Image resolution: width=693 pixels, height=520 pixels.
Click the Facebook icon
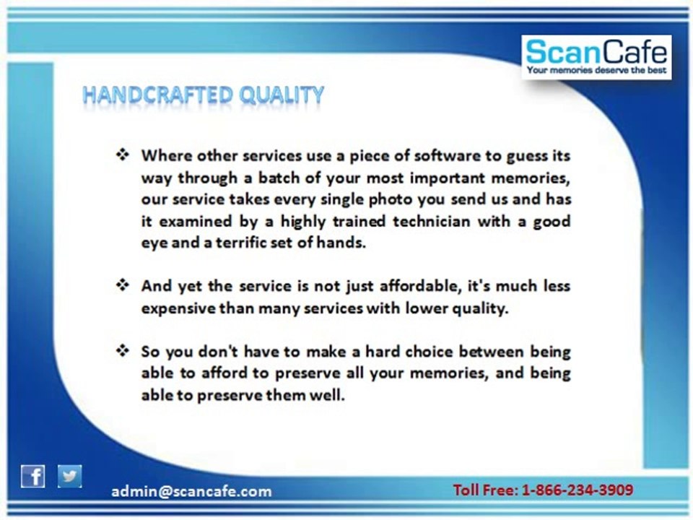(x=32, y=477)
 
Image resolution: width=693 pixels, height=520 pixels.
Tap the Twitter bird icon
(x=69, y=476)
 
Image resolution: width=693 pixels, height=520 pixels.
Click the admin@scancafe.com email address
(x=191, y=491)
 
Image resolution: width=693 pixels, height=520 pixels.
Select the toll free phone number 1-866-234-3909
(x=577, y=490)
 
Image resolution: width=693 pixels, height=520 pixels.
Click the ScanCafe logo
(x=596, y=58)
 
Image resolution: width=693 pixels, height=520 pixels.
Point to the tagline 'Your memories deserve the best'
(x=596, y=70)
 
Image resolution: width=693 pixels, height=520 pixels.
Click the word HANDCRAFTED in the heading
(x=157, y=95)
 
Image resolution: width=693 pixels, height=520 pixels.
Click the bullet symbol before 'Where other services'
(x=123, y=155)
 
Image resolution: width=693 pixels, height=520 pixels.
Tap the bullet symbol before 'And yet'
(x=123, y=285)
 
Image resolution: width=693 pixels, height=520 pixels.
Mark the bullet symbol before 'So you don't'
(x=123, y=351)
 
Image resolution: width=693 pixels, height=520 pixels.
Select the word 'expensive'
(x=178, y=308)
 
